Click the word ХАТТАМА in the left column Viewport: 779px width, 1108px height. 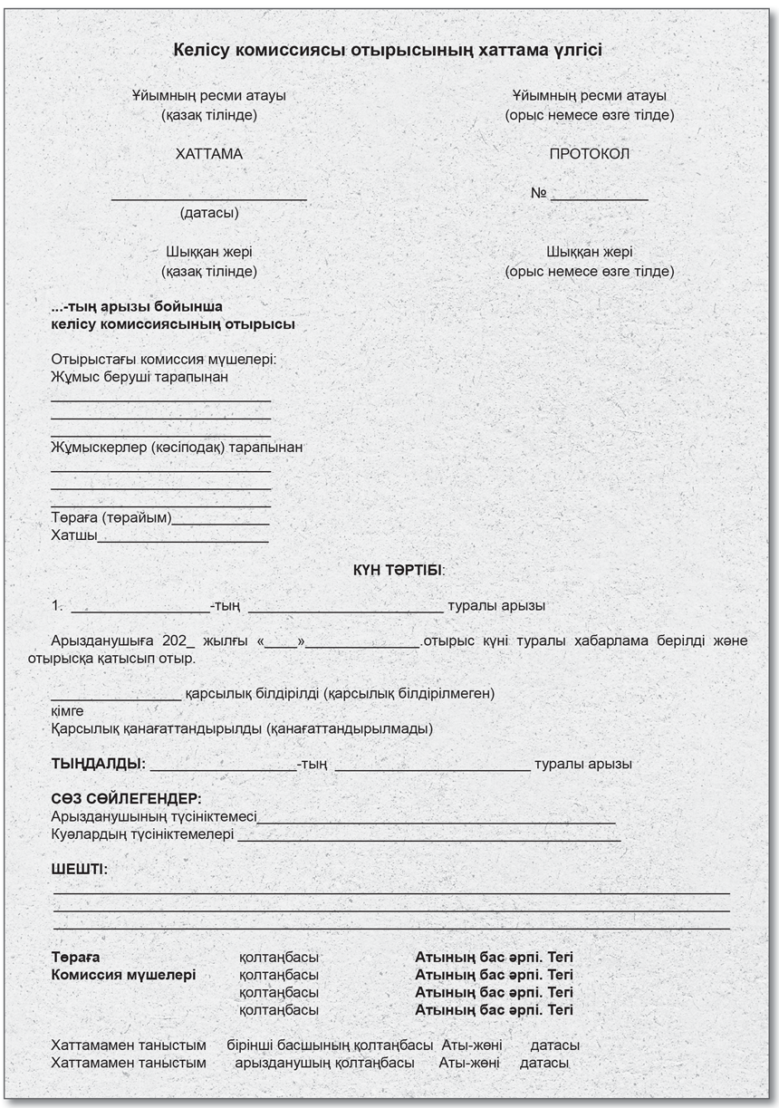click(208, 154)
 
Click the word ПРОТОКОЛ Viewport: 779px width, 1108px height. click(589, 154)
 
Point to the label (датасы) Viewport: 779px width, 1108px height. click(209, 214)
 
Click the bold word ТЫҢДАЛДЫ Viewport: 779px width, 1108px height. click(98, 764)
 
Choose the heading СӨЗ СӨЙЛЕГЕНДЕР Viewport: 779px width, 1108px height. click(126, 799)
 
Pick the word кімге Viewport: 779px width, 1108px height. click(68, 711)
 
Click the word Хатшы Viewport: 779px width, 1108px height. click(73, 536)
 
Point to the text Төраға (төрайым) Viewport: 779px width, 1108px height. click(111, 519)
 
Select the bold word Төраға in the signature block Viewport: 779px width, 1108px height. click(76, 957)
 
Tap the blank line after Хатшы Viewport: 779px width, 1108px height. click(182, 540)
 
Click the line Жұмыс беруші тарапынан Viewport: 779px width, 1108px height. click(139, 376)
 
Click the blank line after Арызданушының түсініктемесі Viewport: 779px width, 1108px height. click(436, 822)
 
